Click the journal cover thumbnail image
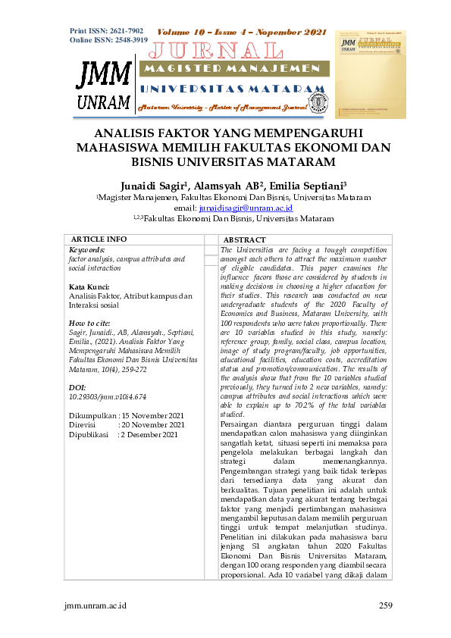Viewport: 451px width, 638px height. (370, 74)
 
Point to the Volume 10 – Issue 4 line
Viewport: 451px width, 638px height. (241, 33)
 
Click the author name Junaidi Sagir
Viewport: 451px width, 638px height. (154, 185)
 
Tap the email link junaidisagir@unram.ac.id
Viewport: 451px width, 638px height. (246, 207)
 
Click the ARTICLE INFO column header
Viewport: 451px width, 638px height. (99, 239)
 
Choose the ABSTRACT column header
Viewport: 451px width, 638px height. (244, 239)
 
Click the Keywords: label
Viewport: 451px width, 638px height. (86, 249)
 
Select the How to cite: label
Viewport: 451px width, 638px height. (89, 324)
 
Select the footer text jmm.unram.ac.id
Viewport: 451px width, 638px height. (96, 605)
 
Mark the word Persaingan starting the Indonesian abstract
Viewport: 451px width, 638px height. (240, 424)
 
